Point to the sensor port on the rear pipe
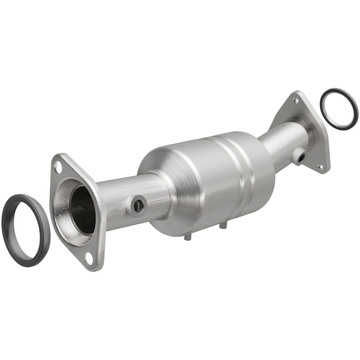pos(300,157)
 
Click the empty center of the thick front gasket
pos(26,229)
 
